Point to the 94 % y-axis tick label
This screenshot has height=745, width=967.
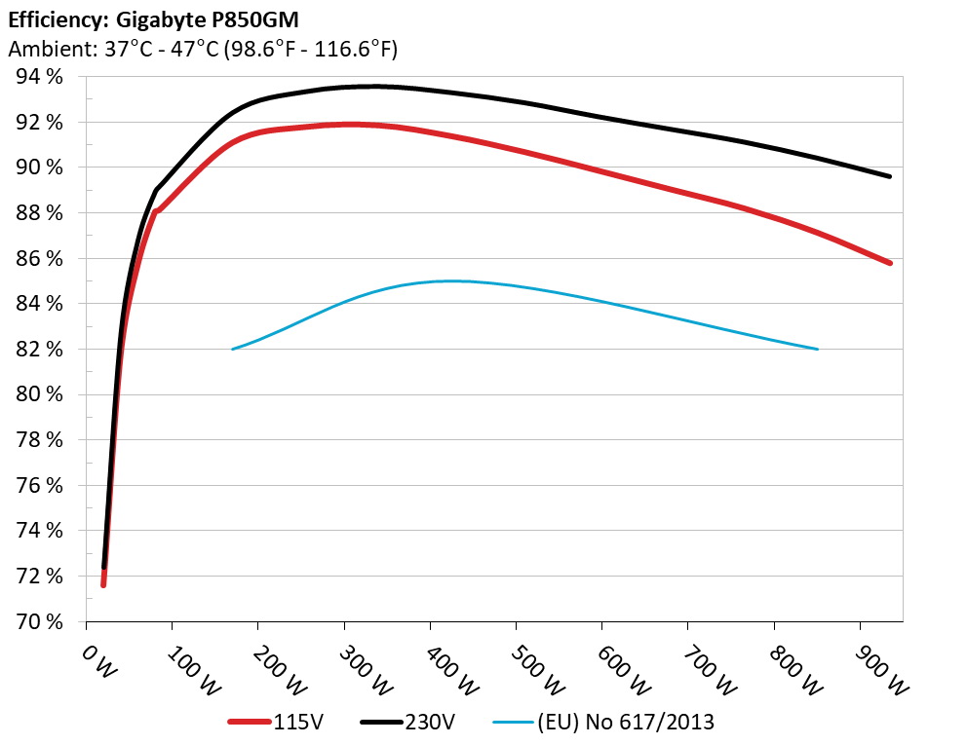point(39,77)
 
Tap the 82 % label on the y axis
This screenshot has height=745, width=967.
point(39,349)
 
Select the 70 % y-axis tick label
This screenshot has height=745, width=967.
point(39,621)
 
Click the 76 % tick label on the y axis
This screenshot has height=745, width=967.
point(39,485)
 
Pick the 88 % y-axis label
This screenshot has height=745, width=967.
point(39,212)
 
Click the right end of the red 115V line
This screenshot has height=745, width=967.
point(890,263)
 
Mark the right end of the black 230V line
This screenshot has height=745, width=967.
point(890,176)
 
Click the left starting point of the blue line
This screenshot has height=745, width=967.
point(232,349)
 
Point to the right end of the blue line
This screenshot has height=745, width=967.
point(817,349)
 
